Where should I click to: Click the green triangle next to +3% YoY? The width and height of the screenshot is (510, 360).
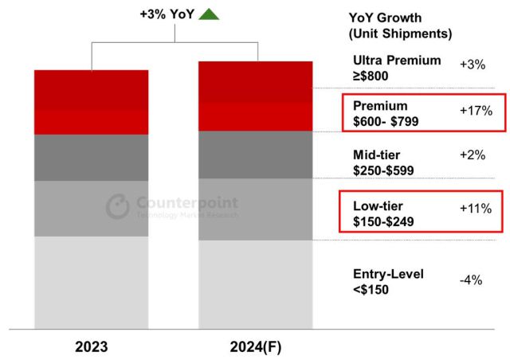[209, 14]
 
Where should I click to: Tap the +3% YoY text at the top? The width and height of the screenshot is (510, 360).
[167, 14]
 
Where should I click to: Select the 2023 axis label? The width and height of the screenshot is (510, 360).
[91, 347]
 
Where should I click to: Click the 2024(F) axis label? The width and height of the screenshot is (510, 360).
[254, 347]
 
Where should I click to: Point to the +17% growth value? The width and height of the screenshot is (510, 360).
[477, 111]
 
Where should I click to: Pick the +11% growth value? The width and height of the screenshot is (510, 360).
[477, 209]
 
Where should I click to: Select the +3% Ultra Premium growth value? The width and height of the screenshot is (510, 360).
[473, 65]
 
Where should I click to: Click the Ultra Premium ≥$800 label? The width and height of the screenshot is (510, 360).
[397, 68]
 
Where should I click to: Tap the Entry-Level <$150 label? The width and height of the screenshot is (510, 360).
[388, 281]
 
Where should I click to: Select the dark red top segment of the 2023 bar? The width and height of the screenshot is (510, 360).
[91, 89]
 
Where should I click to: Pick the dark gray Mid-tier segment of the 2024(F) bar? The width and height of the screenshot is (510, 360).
[254, 155]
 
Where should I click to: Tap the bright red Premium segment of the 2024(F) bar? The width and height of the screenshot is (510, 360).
[254, 116]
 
